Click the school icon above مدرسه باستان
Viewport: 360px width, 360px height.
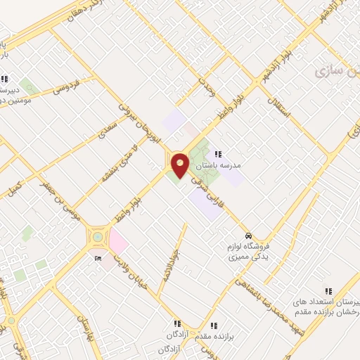[217, 154]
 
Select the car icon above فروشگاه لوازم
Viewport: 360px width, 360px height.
[247, 236]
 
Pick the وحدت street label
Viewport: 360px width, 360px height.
[205, 89]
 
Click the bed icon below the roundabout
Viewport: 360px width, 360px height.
[97, 259]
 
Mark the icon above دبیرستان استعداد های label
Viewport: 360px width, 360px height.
[327, 290]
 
